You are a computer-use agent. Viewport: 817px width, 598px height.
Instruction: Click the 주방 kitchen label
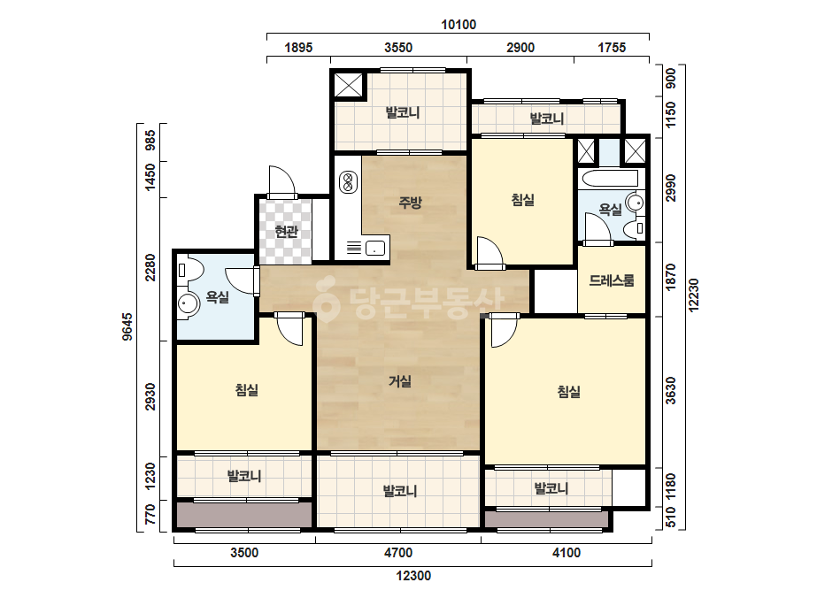(410, 202)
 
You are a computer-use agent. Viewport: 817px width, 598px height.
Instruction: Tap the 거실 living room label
(399, 381)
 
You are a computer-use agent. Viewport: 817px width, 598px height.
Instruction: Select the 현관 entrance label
(286, 231)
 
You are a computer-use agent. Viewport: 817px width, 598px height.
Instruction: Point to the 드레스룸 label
(612, 280)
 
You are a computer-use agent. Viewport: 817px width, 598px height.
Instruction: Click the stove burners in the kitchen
(348, 182)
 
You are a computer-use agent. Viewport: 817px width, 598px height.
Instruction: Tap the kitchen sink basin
(374, 248)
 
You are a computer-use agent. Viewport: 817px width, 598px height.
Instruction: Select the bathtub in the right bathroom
(610, 178)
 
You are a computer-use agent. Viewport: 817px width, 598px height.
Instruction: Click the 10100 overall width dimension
(459, 25)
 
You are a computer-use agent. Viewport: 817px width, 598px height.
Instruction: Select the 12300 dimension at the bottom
(413, 576)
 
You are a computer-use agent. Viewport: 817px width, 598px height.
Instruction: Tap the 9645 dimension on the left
(127, 326)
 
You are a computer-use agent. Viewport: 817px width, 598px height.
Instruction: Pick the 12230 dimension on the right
(693, 295)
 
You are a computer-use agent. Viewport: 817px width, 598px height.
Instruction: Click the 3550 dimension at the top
(398, 48)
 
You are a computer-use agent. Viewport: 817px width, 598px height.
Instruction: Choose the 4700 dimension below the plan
(398, 552)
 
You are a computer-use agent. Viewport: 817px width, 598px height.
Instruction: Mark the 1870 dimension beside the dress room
(671, 278)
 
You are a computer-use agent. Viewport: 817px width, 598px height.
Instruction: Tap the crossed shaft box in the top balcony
(348, 85)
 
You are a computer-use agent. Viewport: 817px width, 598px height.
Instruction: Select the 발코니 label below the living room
(399, 491)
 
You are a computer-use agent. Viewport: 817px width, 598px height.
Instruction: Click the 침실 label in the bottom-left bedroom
(246, 389)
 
